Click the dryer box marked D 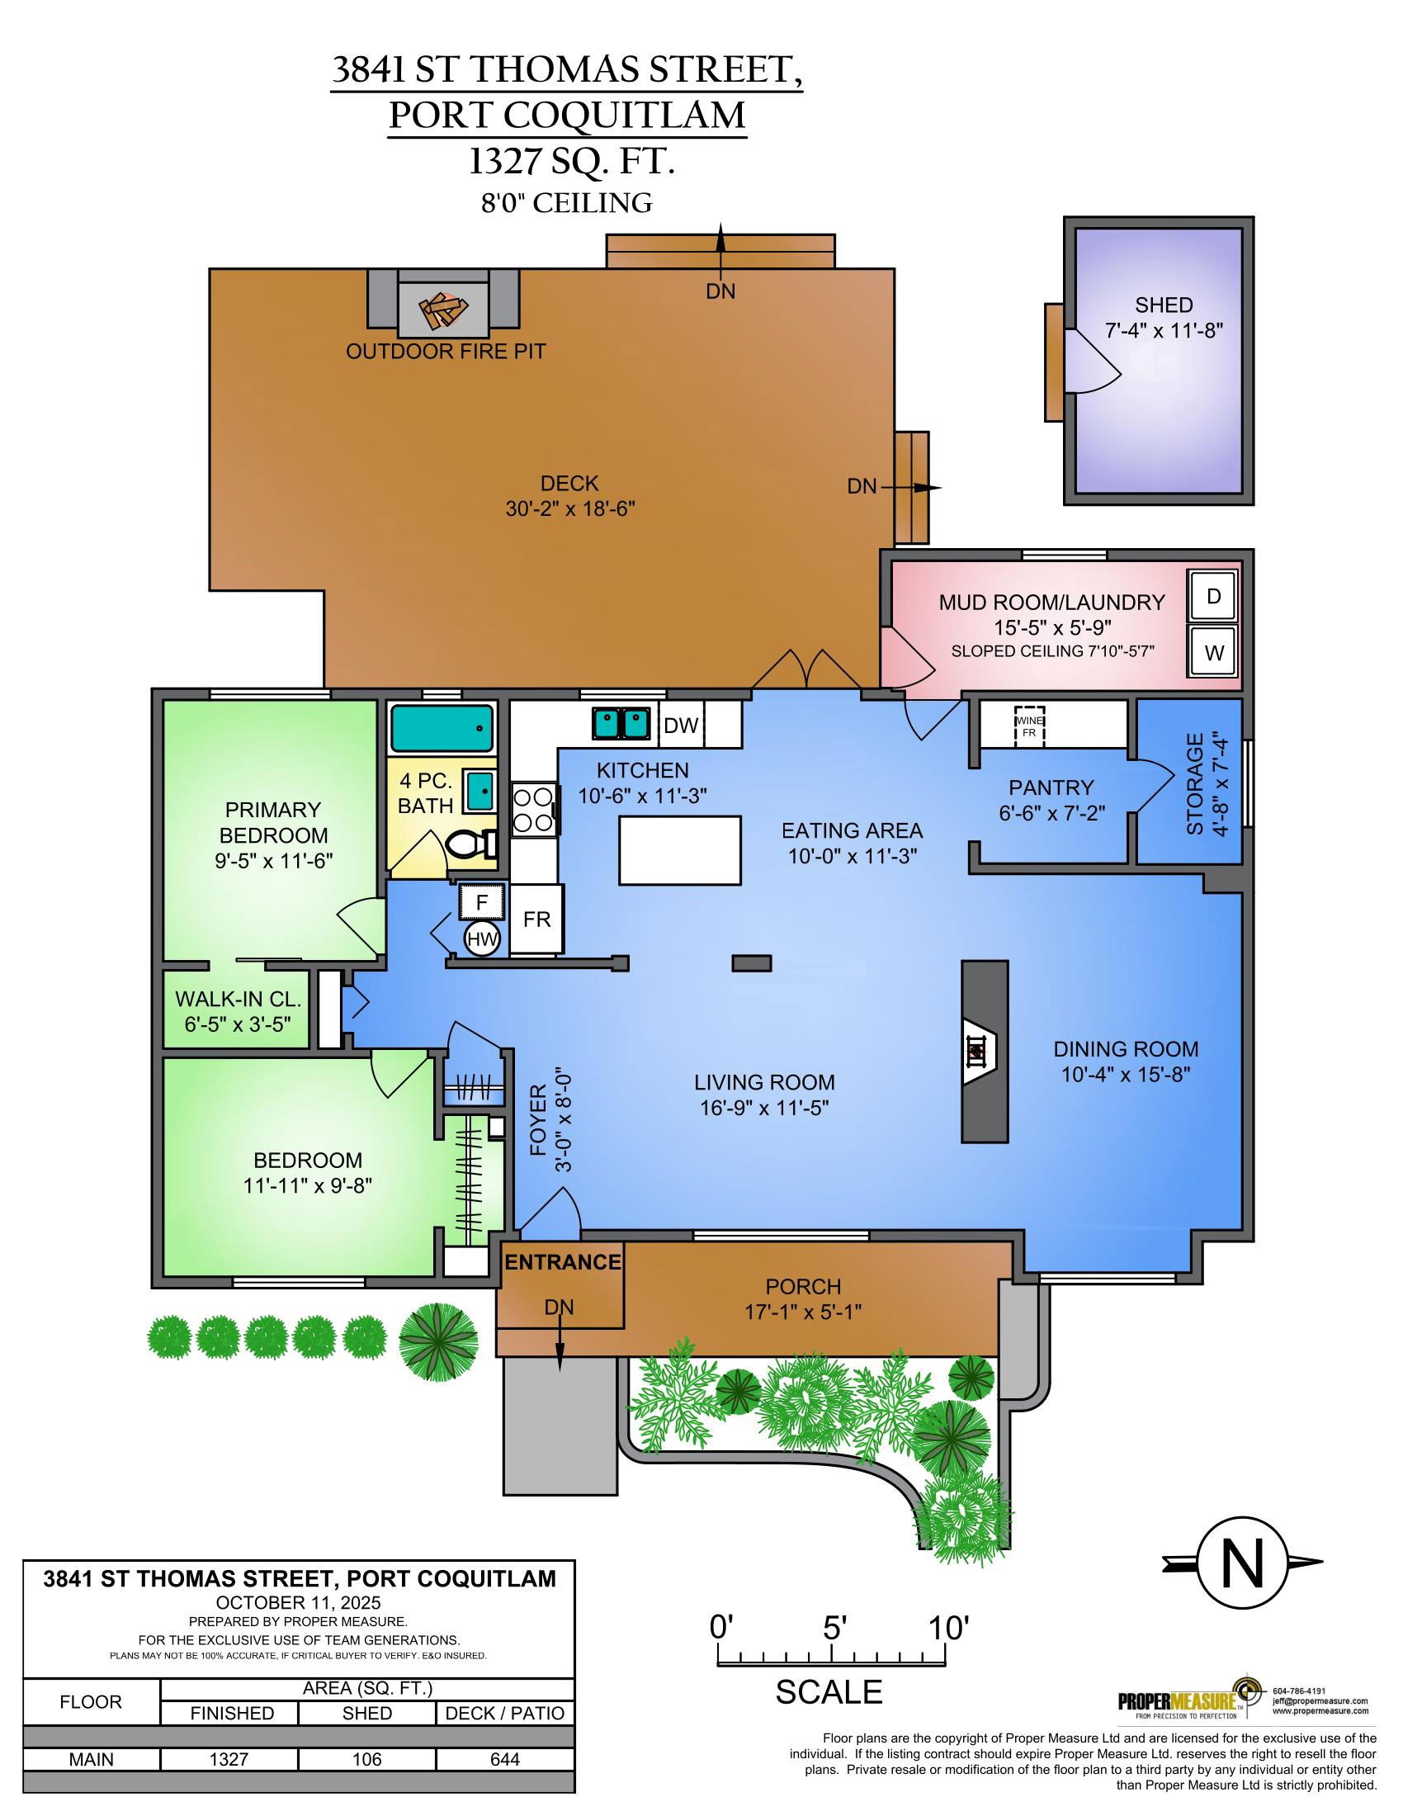1212,596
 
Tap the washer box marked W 1212,650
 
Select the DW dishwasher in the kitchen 682,725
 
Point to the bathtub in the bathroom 442,728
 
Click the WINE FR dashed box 1028,725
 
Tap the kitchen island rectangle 680,849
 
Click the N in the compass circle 1242,1563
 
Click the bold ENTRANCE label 563,1262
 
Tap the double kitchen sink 621,722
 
